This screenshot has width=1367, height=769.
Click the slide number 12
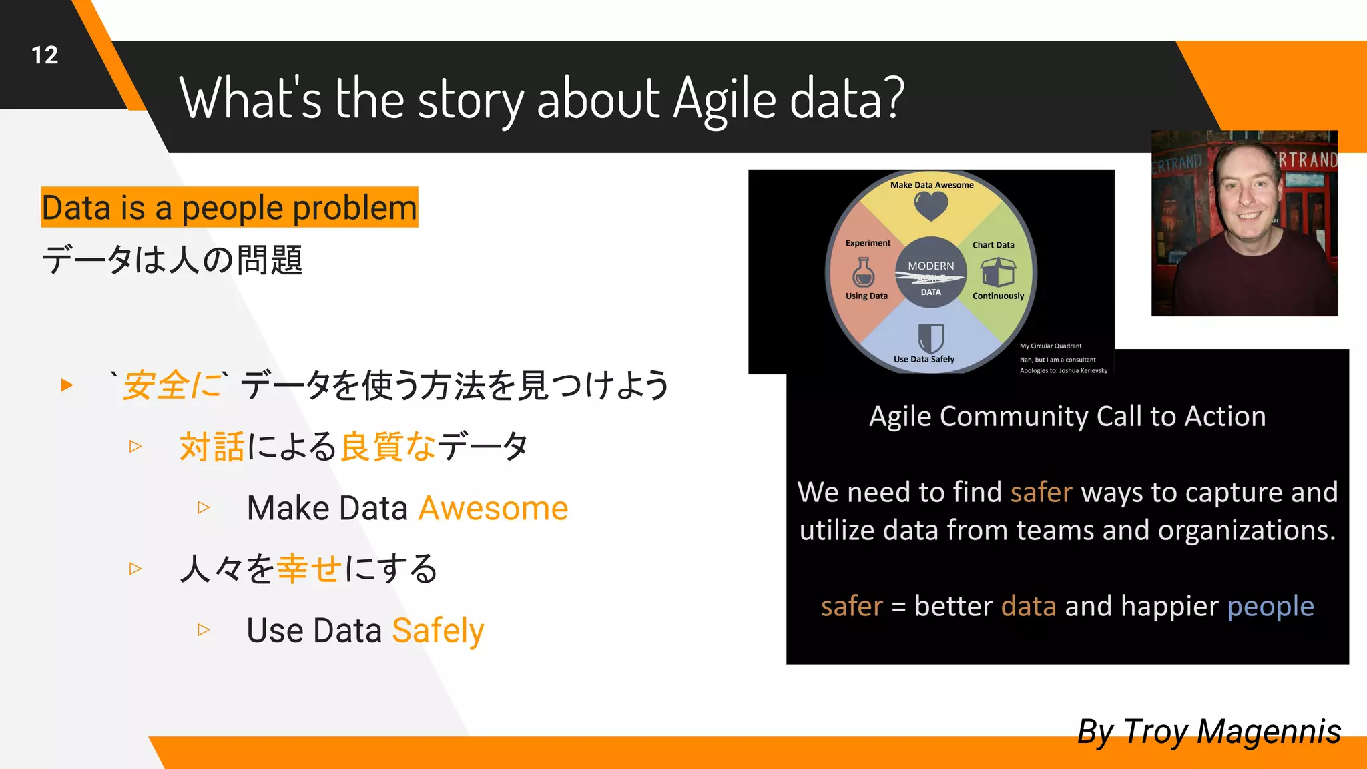tap(45, 55)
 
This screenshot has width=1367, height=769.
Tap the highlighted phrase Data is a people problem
tap(230, 208)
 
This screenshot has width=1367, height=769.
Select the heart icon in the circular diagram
tap(930, 206)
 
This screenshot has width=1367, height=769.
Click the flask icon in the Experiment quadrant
tap(863, 272)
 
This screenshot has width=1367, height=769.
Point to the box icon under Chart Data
tap(998, 272)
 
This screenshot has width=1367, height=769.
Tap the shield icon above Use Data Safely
tap(930, 338)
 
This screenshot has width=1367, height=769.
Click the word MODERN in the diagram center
tap(930, 266)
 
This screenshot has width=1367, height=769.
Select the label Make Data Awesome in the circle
tap(931, 185)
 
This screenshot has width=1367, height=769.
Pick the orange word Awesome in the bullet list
tap(493, 509)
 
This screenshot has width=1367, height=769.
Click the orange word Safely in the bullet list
tap(438, 631)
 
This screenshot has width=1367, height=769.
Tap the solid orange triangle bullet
tap(67, 385)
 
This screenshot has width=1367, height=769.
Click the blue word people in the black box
tap(1270, 607)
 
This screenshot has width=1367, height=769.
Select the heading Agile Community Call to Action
tap(1067, 417)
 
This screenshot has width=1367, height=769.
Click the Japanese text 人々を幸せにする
tap(308, 569)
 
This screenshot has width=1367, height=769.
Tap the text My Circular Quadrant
tap(1050, 346)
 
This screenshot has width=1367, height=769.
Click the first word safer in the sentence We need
tap(1041, 493)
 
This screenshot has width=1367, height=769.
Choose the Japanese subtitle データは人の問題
tap(172, 260)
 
